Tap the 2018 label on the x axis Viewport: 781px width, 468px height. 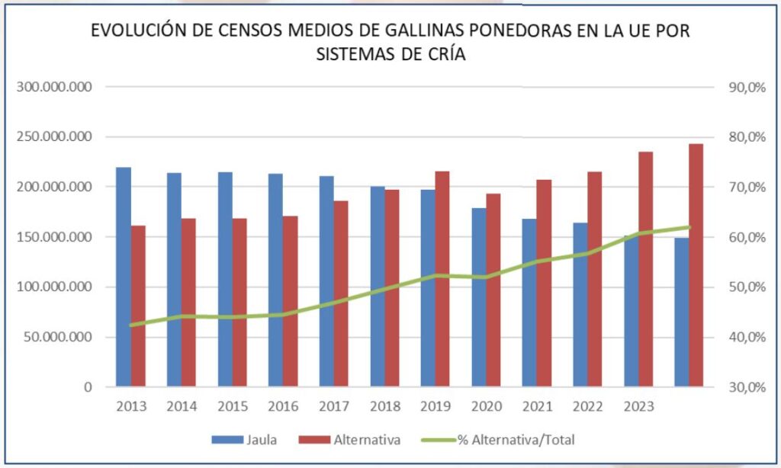coord(384,406)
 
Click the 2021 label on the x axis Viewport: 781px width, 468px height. coord(537,406)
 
